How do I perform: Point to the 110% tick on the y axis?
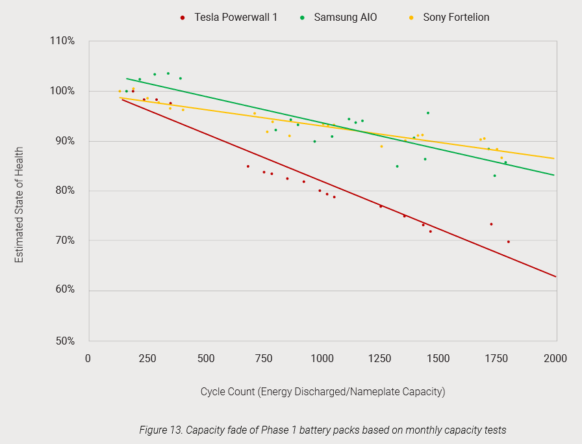tap(63, 41)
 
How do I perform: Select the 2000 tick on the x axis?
tap(555, 359)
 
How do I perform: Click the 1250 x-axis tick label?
tap(380, 359)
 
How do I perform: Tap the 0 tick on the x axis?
tap(88, 359)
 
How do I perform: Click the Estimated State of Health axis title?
tap(19, 205)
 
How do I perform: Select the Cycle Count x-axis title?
tap(322, 391)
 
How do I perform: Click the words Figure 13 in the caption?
tap(160, 430)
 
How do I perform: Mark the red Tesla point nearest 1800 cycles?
tap(508, 242)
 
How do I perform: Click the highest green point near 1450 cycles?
tap(427, 113)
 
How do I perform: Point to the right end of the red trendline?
tap(556, 277)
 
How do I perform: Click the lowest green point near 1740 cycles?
tap(494, 176)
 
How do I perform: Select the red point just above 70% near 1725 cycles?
tap(491, 224)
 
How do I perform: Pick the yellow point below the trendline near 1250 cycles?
tap(381, 146)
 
